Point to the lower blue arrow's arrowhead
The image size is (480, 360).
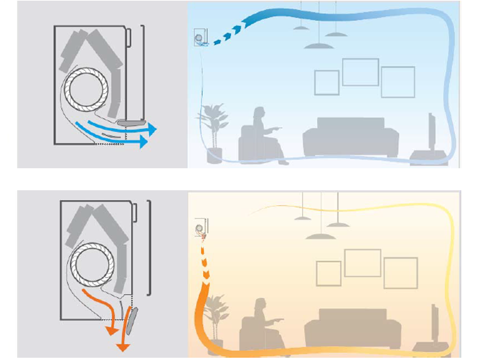145,142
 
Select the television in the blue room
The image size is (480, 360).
431,132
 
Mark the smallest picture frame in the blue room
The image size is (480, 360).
327,82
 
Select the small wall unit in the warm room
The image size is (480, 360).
201,228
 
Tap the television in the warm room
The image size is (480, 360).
434,322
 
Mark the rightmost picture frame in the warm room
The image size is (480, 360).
400,273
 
